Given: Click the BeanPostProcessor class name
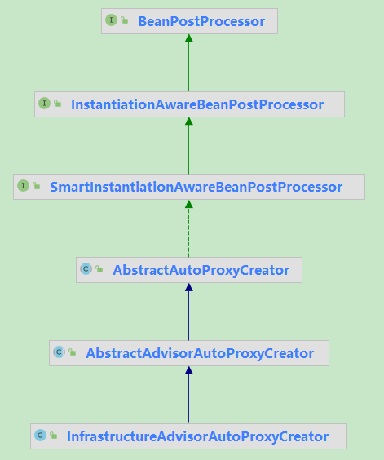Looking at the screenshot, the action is [x=201, y=22].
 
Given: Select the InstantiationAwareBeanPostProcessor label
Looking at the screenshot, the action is [x=197, y=104].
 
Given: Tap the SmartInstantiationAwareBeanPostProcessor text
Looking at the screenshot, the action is [x=196, y=187].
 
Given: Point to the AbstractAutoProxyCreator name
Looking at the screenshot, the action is [x=201, y=270].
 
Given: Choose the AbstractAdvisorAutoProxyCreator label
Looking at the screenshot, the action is [x=200, y=353].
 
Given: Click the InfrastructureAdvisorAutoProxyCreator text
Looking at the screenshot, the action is [x=198, y=436].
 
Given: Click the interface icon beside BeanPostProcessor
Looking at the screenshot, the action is [x=111, y=20].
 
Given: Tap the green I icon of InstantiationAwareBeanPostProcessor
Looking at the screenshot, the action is [x=44, y=104].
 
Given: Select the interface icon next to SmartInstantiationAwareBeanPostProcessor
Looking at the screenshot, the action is [x=23, y=186].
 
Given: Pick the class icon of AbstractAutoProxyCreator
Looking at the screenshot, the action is [x=86, y=268].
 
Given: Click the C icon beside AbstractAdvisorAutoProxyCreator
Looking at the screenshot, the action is [x=59, y=352].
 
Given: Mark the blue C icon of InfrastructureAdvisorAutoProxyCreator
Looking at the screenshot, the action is [x=40, y=435].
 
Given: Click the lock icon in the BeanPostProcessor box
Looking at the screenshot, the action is [x=125, y=20].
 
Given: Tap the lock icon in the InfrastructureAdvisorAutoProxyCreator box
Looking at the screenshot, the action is [x=53, y=436].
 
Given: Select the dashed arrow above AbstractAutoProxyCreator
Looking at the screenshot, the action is [x=189, y=228].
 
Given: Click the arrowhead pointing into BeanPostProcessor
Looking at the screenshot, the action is [x=189, y=38].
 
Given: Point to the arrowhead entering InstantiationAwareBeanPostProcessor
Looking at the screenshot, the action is [x=189, y=122].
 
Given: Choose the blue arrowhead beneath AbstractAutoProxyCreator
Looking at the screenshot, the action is [x=189, y=287].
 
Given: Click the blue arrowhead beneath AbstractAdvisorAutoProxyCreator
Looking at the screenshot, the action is [x=189, y=370].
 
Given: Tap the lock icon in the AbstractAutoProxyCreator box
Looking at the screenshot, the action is [x=99, y=269].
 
